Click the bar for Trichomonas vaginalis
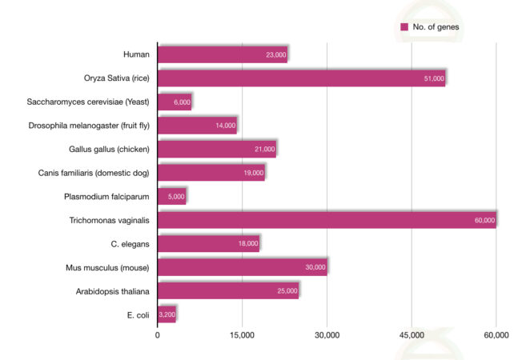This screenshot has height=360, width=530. (x=327, y=220)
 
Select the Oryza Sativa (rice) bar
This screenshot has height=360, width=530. (x=301, y=78)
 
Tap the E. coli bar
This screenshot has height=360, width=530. (x=167, y=314)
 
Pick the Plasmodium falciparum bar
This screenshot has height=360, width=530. (x=171, y=196)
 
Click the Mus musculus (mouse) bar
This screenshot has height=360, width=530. (x=242, y=267)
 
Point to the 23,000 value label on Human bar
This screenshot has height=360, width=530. (x=275, y=55)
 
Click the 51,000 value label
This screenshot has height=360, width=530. (x=434, y=79)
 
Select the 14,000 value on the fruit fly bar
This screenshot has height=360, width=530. (x=225, y=126)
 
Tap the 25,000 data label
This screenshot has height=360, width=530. (x=287, y=291)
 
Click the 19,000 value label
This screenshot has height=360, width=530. (x=253, y=174)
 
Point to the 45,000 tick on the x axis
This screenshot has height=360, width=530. (x=412, y=336)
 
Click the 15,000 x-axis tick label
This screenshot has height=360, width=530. (x=242, y=336)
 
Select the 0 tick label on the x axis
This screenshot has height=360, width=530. (x=158, y=336)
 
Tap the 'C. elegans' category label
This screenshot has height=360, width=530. (x=130, y=244)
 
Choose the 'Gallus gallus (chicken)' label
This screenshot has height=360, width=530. (x=104, y=150)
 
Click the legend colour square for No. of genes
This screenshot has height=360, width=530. (x=404, y=27)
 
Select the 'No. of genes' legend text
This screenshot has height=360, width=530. (x=436, y=27)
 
